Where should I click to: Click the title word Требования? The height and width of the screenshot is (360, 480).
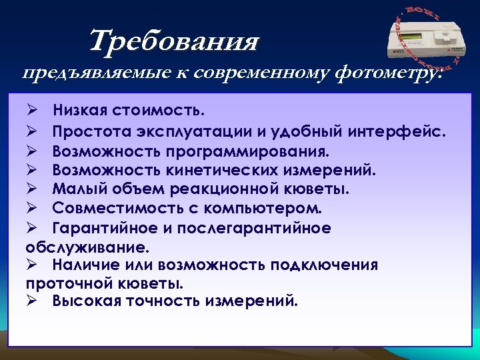tap(174, 41)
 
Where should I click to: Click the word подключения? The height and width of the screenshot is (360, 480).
tap(324, 265)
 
